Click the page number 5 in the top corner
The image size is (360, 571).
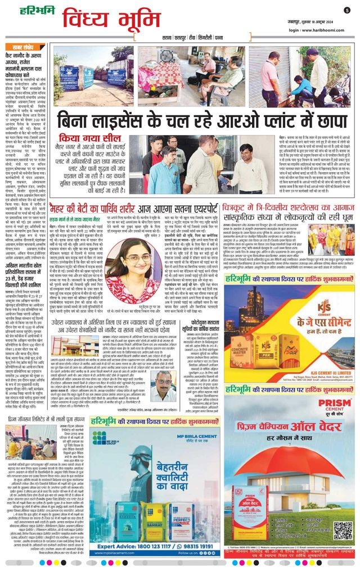click(x=348, y=10)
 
